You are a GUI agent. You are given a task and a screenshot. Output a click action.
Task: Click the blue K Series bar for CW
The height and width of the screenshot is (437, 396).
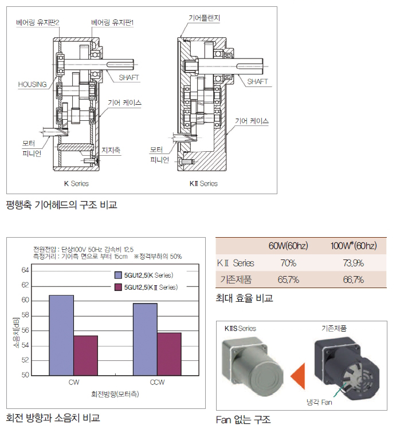[61, 335]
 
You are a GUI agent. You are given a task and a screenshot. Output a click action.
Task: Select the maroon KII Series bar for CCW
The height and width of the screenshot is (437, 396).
[169, 354]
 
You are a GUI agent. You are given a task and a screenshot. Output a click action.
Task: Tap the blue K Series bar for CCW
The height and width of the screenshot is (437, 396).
[145, 339]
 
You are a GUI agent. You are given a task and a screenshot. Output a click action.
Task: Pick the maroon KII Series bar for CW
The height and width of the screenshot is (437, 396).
[86, 355]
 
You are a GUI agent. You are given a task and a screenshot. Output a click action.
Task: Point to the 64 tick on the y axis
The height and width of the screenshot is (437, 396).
[25, 270]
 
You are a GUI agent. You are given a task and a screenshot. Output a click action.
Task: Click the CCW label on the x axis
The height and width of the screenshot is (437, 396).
[157, 383]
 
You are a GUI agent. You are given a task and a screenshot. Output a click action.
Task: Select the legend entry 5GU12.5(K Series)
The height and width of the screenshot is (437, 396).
[144, 275]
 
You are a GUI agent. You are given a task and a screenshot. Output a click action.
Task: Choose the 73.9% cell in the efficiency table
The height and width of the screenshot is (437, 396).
[354, 263]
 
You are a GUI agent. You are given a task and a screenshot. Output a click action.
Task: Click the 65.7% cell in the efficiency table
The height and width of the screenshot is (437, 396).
[288, 279]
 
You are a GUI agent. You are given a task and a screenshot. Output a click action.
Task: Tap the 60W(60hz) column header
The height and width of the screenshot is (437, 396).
[288, 246]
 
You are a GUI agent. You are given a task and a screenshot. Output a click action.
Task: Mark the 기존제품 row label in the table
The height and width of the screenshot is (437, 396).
[236, 279]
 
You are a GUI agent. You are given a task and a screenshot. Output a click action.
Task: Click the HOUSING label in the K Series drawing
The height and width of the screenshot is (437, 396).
[32, 84]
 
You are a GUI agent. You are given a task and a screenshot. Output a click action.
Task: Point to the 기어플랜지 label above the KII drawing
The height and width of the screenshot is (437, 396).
[205, 18]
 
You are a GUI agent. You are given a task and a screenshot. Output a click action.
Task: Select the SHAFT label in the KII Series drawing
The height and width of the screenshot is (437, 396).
[257, 82]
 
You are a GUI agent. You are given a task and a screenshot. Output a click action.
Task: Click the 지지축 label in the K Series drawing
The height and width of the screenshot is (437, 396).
[111, 150]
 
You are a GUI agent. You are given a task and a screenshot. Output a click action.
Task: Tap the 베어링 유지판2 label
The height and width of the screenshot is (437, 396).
[38, 22]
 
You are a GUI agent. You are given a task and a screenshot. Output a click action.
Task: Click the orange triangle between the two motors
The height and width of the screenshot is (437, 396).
[298, 376]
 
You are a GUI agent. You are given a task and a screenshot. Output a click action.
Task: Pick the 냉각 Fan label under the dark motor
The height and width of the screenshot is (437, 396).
[319, 402]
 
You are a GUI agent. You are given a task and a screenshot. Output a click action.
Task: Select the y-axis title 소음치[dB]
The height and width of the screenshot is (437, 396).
[16, 332]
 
